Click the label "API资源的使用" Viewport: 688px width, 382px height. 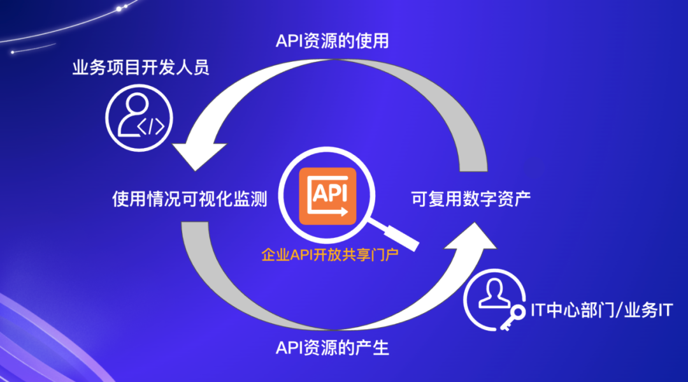pos(332,41)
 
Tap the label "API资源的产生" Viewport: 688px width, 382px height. pos(332,348)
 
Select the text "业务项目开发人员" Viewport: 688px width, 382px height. pos(140,68)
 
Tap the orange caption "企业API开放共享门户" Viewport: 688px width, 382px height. pos(330,254)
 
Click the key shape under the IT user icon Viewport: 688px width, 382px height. pos(513,317)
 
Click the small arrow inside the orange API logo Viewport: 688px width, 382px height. pos(341,212)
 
